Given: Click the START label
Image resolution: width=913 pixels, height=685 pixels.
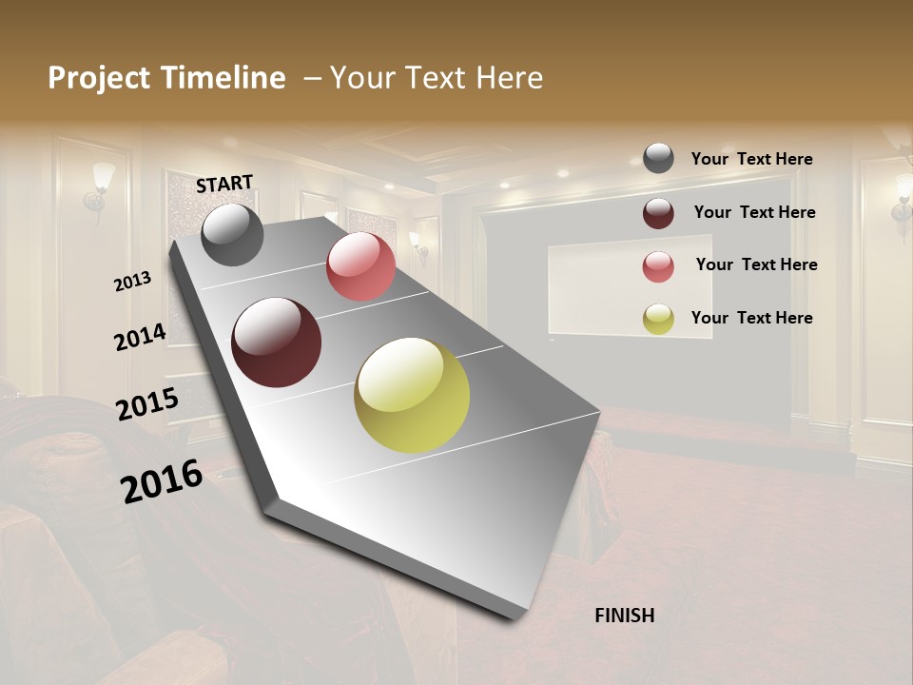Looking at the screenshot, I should click(224, 184).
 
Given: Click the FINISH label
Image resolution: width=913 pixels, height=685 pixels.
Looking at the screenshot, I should click(624, 616).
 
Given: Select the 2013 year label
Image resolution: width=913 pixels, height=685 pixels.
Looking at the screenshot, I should click(132, 282).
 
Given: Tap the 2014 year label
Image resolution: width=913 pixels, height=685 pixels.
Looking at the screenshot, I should click(140, 337).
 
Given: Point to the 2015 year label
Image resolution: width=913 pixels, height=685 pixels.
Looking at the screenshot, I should click(147, 404).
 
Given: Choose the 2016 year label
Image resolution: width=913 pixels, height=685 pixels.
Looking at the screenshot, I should click(162, 481).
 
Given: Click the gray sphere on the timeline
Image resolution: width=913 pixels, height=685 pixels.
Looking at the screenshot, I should click(232, 235).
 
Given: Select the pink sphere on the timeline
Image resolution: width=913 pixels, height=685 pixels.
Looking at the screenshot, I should click(360, 266).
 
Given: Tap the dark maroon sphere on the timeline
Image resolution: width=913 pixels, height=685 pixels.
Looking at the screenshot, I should click(277, 342).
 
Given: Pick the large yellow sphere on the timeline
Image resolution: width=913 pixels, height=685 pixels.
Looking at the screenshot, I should click(412, 395).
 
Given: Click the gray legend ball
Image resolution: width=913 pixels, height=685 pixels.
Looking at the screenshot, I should click(658, 159).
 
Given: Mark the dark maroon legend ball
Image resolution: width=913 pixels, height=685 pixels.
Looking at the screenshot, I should click(658, 212).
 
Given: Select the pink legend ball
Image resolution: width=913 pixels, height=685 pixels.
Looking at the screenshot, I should click(658, 265).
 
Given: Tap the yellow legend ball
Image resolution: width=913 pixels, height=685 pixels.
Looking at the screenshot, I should click(658, 319).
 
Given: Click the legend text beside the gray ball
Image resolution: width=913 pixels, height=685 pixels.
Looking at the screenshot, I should click(751, 159).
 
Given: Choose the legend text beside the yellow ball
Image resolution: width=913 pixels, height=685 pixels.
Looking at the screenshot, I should click(751, 318).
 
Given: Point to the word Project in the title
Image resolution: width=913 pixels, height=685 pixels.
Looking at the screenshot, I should click(100, 78).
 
